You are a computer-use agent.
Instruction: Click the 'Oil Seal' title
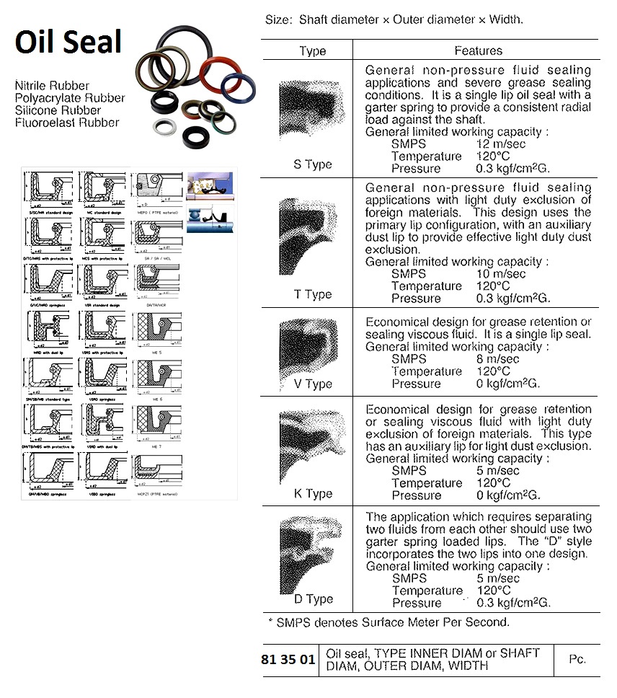point(69,41)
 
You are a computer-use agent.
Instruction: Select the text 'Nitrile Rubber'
point(53,86)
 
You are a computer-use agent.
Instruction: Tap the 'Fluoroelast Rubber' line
point(67,122)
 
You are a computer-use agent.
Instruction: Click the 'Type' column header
point(312,50)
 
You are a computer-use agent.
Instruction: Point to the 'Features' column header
point(478,50)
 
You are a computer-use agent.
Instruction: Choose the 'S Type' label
point(312,164)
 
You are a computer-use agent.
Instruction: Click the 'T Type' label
point(312,294)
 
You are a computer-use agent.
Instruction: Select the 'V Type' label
point(312,384)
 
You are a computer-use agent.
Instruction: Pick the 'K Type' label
point(312,494)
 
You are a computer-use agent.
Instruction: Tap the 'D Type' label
point(312,599)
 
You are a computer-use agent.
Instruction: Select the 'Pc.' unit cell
point(577,660)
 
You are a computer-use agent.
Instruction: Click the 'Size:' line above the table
point(394,19)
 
